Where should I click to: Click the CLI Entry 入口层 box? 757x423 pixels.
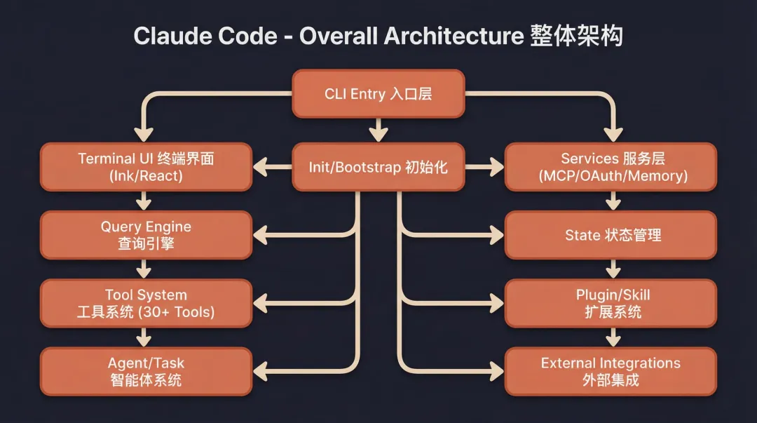click(378, 93)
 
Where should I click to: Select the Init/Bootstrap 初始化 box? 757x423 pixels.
click(378, 167)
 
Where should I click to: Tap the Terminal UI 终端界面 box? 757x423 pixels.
click(146, 167)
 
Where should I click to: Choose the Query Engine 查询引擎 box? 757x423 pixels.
click(146, 235)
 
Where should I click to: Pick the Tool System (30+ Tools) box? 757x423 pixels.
click(146, 303)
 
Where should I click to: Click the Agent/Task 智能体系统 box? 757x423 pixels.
click(146, 371)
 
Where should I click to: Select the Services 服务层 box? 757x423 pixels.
click(611, 167)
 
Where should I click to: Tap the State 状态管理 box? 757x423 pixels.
click(611, 235)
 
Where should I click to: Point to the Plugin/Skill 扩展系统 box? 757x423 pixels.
click(611, 303)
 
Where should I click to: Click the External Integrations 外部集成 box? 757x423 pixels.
click(611, 371)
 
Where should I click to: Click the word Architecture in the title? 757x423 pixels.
click(453, 36)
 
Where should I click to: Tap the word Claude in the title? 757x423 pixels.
click(173, 36)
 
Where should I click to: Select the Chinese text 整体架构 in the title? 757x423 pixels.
click(576, 36)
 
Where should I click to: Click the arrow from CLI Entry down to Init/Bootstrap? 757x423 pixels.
click(378, 130)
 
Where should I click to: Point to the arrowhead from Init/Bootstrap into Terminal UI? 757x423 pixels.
click(261, 167)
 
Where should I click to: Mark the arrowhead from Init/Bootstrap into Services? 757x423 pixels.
click(496, 167)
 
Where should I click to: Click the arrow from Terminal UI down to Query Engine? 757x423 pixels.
click(144, 201)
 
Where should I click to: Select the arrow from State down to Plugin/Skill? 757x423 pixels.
click(613, 269)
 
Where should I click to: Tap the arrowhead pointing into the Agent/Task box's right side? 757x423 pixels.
click(261, 371)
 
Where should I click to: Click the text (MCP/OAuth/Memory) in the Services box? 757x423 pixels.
click(613, 175)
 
